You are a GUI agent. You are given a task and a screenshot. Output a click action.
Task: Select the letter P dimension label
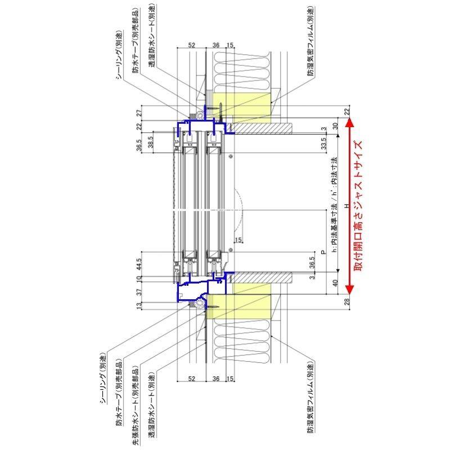(322, 253)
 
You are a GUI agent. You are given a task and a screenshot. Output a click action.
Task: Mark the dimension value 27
(138, 112)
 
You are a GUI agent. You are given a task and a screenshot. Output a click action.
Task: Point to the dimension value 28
(346, 302)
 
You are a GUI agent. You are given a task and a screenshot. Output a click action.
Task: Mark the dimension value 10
(138, 277)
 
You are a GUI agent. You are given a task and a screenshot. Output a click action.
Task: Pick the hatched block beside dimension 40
(262, 278)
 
